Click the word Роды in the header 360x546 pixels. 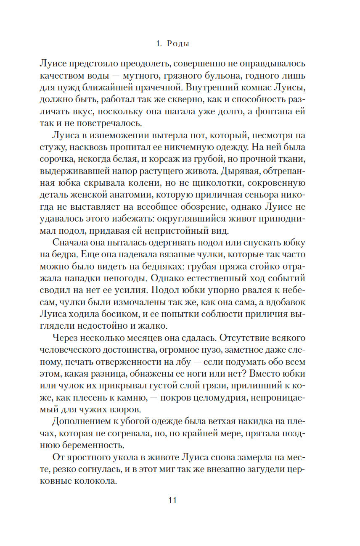[178, 43]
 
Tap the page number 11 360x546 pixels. [172, 500]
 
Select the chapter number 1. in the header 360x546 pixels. [158, 43]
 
